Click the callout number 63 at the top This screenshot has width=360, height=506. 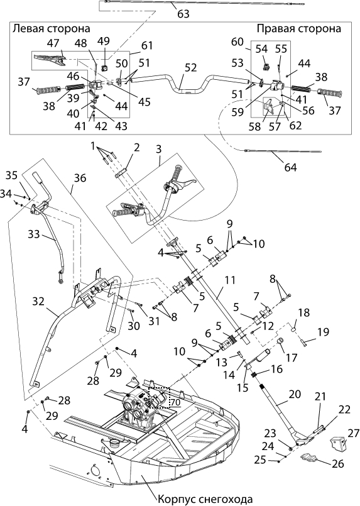[x=183, y=14]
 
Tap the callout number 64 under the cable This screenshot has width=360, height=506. [x=290, y=167]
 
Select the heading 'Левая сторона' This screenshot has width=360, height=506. [x=52, y=28]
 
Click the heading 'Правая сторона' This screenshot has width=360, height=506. [x=298, y=28]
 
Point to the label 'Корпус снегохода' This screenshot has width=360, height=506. [x=205, y=499]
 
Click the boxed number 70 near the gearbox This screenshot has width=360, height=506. [x=175, y=402]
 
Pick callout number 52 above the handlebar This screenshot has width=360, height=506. [x=191, y=67]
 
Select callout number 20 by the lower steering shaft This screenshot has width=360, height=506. [x=295, y=394]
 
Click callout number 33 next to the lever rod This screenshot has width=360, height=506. [x=33, y=234]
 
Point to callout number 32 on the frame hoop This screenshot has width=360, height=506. [x=38, y=302]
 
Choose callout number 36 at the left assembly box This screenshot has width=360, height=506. [x=80, y=178]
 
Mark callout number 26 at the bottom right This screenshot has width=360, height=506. [x=338, y=464]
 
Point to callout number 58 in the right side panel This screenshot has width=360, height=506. [x=255, y=126]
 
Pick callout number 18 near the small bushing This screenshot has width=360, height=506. [x=304, y=312]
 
